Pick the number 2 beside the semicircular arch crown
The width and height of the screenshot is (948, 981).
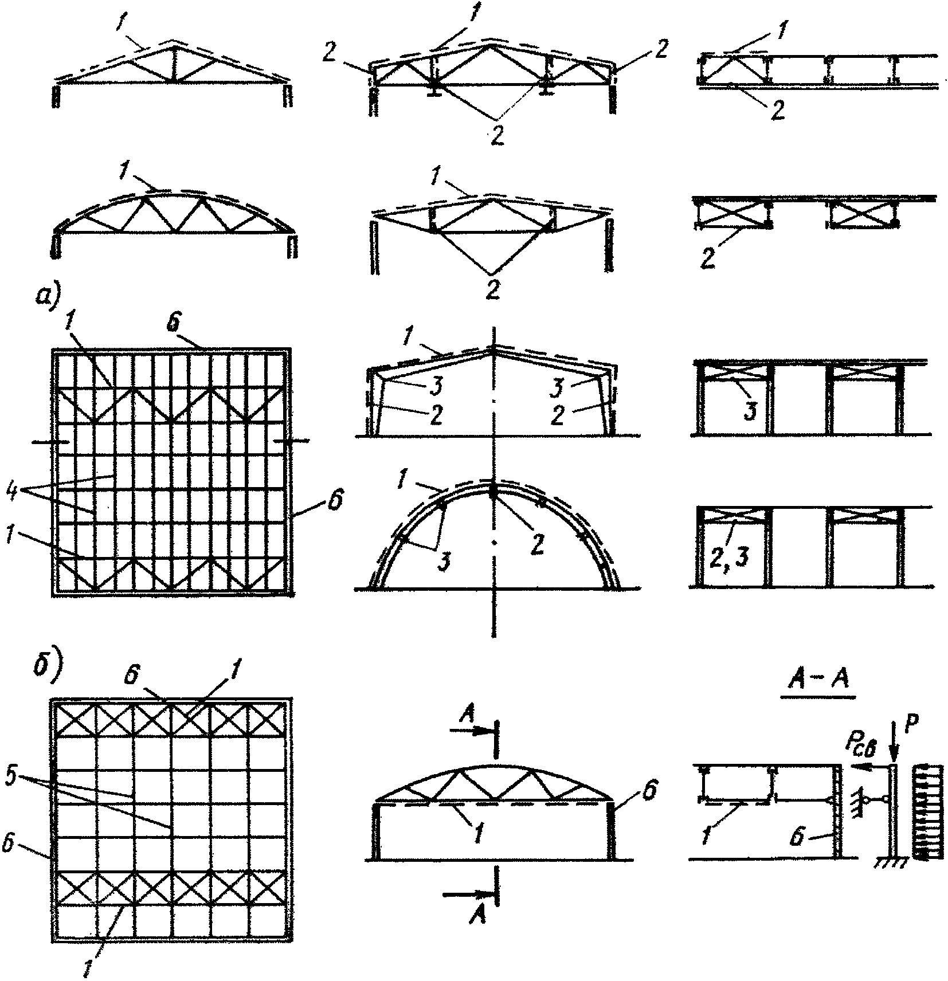coord(536,544)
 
